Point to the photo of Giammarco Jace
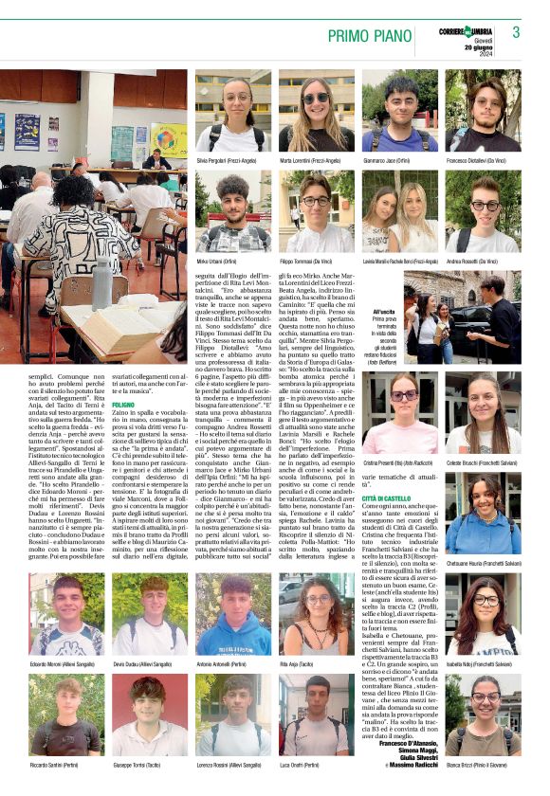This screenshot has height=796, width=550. click(x=399, y=112)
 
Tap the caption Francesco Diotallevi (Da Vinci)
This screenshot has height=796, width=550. click(x=483, y=161)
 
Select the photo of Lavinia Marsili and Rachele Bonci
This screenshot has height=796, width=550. click(x=399, y=211)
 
